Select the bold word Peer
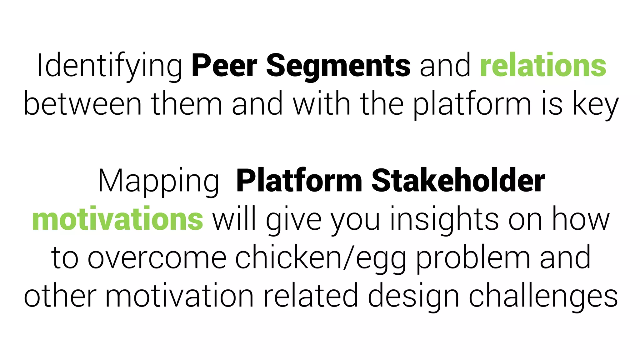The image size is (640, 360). pos(224,66)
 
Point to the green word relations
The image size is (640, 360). pos(543,66)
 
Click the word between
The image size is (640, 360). pos(82,104)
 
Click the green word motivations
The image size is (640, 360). pos(117,219)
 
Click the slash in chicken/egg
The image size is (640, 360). pos(349,258)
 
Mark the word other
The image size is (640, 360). pos(60,296)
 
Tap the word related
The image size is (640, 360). pos(310,296)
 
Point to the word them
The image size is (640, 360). pos(186,104)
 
